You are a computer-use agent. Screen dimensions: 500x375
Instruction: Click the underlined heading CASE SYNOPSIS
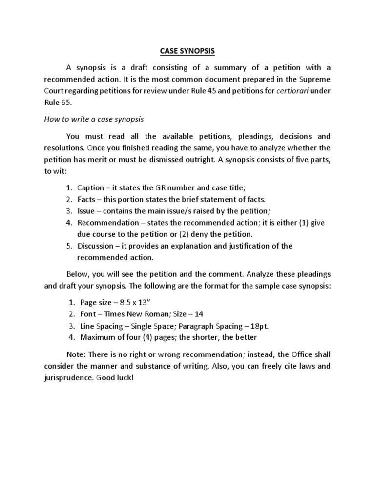click(187, 50)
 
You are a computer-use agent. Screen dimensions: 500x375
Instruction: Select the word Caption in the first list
click(90, 187)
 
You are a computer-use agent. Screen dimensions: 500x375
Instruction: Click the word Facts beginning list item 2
click(87, 199)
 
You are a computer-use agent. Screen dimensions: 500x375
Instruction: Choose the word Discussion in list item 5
click(96, 246)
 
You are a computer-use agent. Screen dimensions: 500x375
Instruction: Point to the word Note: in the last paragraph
click(76, 354)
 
